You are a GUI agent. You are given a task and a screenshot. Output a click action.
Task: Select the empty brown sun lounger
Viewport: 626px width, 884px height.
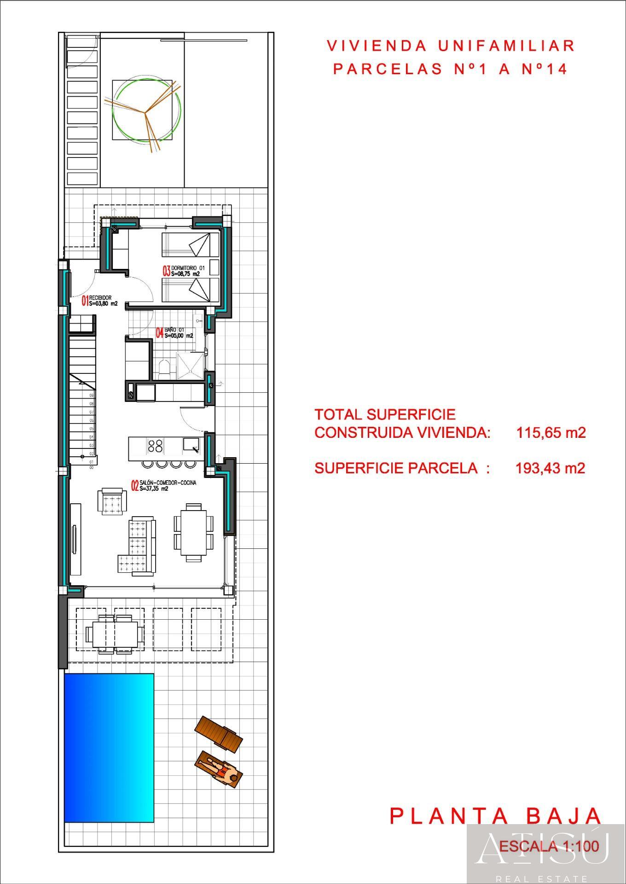point(219,734)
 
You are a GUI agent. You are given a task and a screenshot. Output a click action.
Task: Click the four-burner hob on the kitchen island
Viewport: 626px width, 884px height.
point(155,446)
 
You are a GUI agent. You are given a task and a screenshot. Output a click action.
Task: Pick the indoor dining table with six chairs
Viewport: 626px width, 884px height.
point(194,532)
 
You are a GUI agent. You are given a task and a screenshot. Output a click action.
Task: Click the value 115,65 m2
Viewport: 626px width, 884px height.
point(551,433)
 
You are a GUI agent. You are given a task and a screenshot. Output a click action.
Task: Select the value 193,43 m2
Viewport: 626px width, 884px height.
point(550,468)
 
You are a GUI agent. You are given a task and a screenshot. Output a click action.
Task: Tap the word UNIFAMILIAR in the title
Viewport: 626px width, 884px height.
point(506,46)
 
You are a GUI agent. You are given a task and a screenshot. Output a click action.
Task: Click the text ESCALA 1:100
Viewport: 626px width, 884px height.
point(549,846)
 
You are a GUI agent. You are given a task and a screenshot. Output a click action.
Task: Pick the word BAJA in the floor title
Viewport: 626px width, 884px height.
point(563,816)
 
